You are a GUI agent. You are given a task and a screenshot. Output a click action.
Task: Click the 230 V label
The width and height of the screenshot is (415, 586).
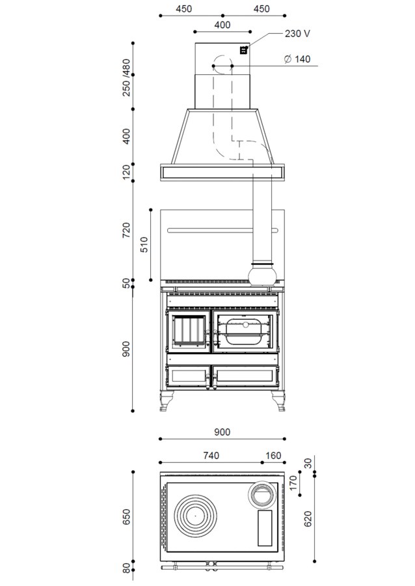[x=297, y=34]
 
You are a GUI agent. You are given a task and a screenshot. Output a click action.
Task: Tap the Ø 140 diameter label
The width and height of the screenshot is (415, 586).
[x=297, y=59]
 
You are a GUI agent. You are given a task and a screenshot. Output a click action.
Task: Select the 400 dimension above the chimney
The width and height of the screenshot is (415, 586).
[x=222, y=25]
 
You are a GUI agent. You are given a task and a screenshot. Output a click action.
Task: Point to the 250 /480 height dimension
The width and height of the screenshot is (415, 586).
[x=127, y=77]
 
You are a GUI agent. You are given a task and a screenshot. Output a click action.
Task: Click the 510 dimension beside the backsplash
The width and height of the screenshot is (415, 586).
[x=144, y=244]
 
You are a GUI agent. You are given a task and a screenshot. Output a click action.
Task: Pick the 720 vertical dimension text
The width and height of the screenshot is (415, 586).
[x=127, y=230]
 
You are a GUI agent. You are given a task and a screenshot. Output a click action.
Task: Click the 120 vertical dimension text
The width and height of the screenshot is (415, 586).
[x=127, y=172]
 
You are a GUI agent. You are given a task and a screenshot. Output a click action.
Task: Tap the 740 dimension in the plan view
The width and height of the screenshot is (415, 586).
[x=211, y=456]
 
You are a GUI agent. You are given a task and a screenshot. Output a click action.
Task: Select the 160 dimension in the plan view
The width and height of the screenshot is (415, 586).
[x=273, y=456]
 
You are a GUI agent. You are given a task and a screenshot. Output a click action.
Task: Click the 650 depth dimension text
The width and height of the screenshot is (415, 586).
[x=127, y=516]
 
